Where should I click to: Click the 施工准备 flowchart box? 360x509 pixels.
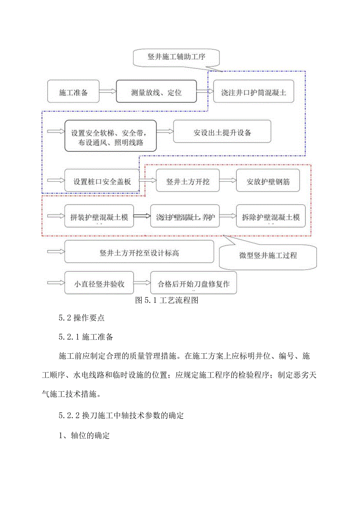coord(74,92)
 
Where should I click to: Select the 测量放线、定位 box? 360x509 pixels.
coord(156,92)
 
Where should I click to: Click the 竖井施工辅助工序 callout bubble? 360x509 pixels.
coord(176,57)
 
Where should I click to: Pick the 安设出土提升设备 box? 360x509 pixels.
coord(222,132)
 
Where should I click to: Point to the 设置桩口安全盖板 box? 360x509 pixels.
coord(102,181)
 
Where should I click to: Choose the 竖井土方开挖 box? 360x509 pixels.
coord(187,181)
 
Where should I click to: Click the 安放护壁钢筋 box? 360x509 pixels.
coord(268,181)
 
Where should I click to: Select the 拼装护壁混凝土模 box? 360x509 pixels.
coord(99,216)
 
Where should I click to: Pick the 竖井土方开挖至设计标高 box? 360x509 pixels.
coord(139,252)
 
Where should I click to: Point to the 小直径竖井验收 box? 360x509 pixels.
coord(99,283)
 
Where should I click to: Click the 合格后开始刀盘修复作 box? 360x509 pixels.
coord(193,283)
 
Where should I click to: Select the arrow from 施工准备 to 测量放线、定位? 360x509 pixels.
coord(108,92)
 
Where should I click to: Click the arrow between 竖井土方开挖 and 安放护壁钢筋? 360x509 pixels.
coord(228,181)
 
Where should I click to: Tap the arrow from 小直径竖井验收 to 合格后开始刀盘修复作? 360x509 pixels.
coord(142,283)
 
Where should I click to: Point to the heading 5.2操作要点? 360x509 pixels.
coord(82,318)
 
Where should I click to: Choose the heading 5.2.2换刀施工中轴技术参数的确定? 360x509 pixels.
coord(121,415)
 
